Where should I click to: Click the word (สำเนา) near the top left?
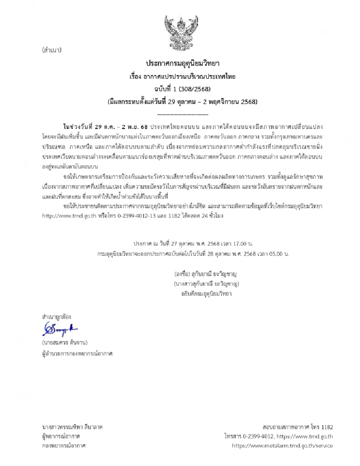(52, 50)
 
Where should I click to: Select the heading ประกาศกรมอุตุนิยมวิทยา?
(183, 63)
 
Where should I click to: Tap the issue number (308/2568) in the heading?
(195, 89)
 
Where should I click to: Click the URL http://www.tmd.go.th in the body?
(69, 216)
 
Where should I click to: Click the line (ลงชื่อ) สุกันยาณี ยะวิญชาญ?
(205, 274)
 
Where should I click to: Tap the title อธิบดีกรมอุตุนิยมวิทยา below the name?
(206, 294)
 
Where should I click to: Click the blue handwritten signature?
(59, 330)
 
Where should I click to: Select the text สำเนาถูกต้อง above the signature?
(56, 317)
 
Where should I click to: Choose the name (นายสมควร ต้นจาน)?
(65, 343)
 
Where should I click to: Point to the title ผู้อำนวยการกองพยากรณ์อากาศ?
(77, 353)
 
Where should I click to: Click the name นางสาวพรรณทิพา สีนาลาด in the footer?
(72, 427)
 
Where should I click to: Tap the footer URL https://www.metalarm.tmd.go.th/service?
(282, 446)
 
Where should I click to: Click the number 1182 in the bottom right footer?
(327, 427)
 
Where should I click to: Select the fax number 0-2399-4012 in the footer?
(258, 436)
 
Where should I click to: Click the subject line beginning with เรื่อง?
(183, 76)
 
